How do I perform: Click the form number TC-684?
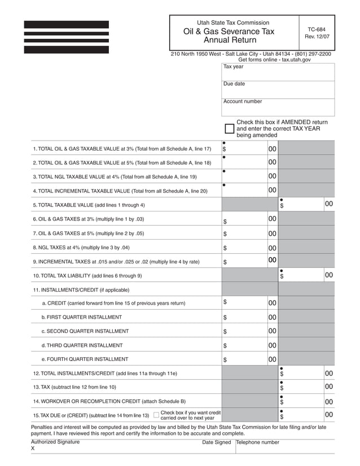[316, 29]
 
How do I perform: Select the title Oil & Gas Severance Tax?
[229, 32]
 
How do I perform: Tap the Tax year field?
[278, 72]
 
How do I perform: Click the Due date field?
[278, 90]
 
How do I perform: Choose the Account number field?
[278, 107]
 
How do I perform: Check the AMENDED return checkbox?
[229, 128]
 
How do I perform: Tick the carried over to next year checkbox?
[156, 415]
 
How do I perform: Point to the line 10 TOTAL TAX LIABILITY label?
[87, 276]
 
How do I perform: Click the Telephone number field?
[285, 446]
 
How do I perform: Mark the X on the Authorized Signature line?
[33, 449]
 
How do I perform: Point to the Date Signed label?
[217, 443]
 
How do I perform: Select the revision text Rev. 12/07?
[317, 37]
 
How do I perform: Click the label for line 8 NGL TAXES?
[81, 248]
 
